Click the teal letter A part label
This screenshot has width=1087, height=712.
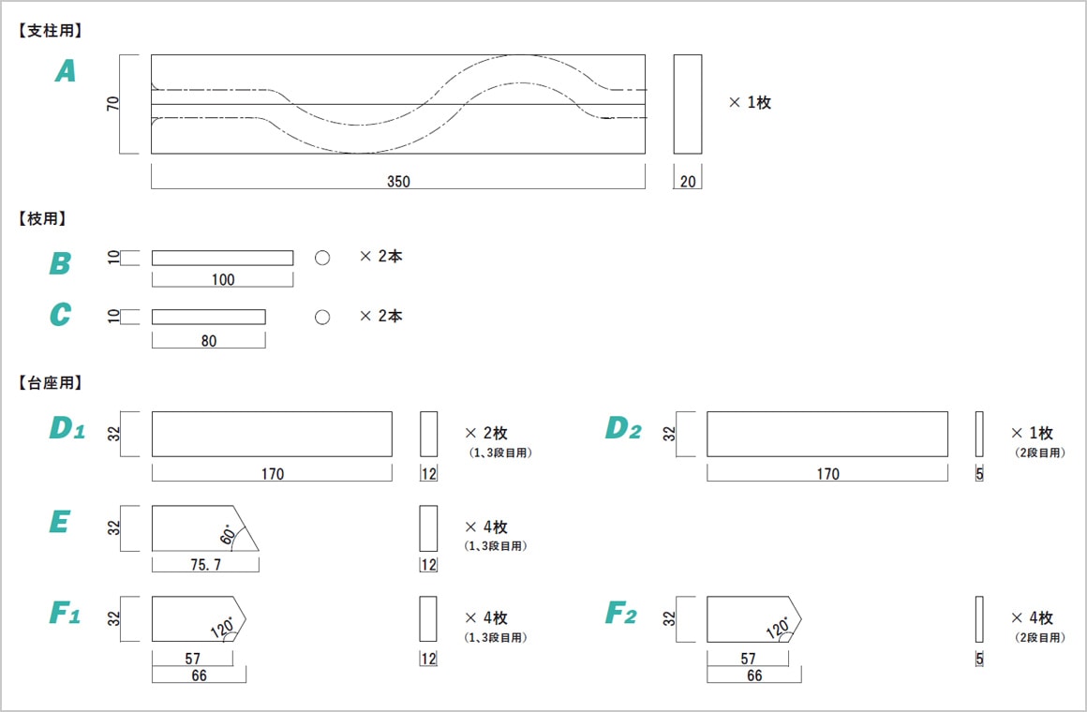click(x=65, y=71)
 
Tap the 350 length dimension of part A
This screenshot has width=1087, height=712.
click(x=398, y=182)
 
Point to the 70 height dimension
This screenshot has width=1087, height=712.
click(x=113, y=103)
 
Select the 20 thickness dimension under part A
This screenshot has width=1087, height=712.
click(x=688, y=182)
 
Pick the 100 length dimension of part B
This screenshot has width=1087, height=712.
click(x=223, y=279)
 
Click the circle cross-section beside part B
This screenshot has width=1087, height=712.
click(x=322, y=258)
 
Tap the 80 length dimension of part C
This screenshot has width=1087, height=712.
click(x=208, y=341)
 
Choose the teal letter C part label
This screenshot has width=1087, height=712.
click(x=60, y=315)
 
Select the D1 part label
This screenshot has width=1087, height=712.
click(x=67, y=429)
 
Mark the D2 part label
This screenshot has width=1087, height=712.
click(x=623, y=429)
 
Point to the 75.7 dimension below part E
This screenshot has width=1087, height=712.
click(x=204, y=565)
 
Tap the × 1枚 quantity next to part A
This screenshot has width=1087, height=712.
click(x=750, y=103)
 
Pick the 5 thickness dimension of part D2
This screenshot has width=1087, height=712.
click(x=979, y=474)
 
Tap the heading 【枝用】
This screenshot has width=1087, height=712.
click(x=43, y=218)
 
